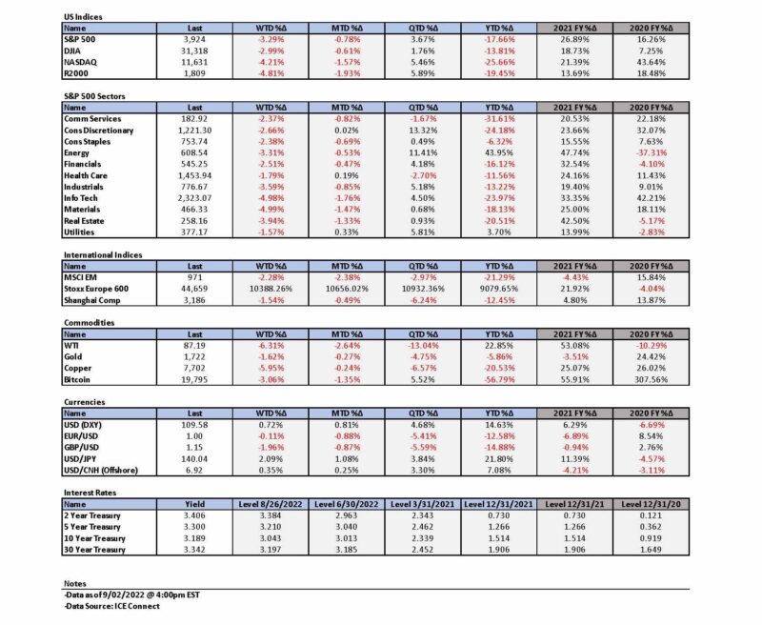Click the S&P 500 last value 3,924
click(194, 40)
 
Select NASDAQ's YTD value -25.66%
click(499, 62)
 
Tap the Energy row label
click(77, 153)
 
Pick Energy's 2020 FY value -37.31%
click(652, 153)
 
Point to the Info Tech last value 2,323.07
click(194, 198)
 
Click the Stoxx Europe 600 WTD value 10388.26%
click(271, 289)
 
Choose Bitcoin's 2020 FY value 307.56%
click(652, 379)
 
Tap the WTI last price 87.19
click(194, 346)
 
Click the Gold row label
click(73, 356)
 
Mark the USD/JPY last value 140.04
click(194, 459)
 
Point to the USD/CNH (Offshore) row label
click(101, 471)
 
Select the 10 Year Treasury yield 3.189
click(194, 538)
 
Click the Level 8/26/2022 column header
click(271, 504)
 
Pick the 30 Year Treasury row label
click(94, 550)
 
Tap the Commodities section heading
click(90, 323)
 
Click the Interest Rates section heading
click(90, 493)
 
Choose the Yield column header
click(194, 504)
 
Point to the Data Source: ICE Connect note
click(111, 606)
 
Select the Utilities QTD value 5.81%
click(423, 232)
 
